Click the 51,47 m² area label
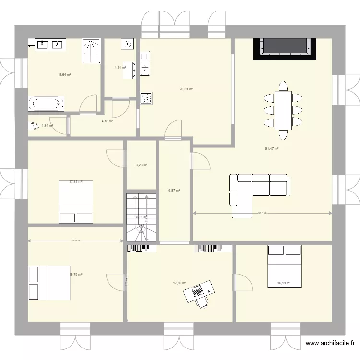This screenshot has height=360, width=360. [x=272, y=149]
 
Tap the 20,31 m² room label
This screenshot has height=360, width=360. [x=186, y=89]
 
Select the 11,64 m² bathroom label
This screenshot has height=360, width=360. [x=64, y=75]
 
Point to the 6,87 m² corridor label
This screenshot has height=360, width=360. [x=174, y=191]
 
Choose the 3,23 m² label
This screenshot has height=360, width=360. [x=142, y=165]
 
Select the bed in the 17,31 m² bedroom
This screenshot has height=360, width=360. [x=75, y=202]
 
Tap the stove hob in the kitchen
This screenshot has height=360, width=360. [x=145, y=98]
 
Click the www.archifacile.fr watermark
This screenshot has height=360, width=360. [x=331, y=344]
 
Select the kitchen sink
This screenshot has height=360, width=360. [x=145, y=63]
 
